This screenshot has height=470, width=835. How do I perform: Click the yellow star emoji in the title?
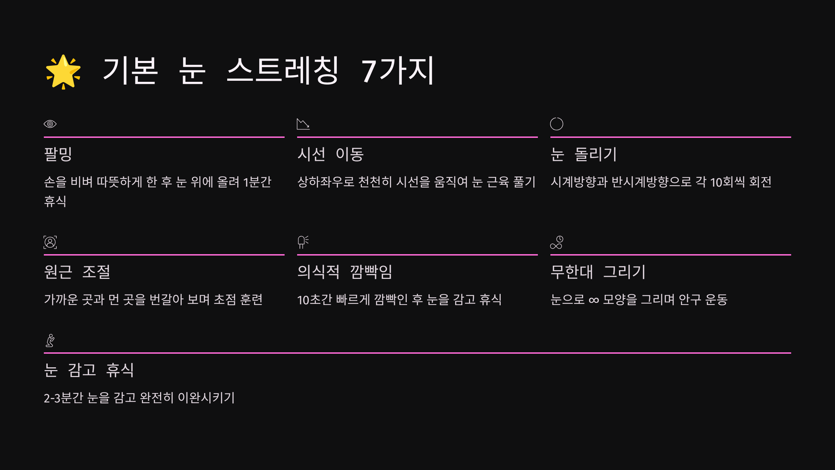pyautogui.click(x=63, y=72)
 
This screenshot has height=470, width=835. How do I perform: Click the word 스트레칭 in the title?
pyautogui.click(x=283, y=71)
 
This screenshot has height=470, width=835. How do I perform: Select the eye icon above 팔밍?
pyautogui.click(x=50, y=124)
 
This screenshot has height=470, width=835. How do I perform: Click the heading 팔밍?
pyautogui.click(x=58, y=154)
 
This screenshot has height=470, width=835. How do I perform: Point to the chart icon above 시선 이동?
pyautogui.click(x=303, y=124)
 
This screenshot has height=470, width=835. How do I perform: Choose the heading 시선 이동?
pyautogui.click(x=331, y=154)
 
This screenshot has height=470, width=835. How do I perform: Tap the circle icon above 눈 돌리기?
pyautogui.click(x=557, y=124)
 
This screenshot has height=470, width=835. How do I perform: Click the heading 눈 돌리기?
pyautogui.click(x=583, y=154)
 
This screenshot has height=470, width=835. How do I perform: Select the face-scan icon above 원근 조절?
pyautogui.click(x=50, y=242)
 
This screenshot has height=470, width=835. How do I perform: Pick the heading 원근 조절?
pyautogui.click(x=77, y=272)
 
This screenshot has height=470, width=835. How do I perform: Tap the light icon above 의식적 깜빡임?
pyautogui.click(x=303, y=242)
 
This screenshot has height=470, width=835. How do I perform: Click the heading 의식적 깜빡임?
pyautogui.click(x=345, y=272)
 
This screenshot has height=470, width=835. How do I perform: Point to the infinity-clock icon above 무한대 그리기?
pyautogui.click(x=557, y=242)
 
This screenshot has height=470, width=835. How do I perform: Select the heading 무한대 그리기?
pyautogui.click(x=598, y=272)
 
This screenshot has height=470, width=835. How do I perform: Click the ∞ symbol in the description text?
pyautogui.click(x=594, y=300)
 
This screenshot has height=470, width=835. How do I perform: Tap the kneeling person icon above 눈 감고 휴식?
pyautogui.click(x=50, y=340)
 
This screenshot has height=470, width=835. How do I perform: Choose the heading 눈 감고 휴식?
pyautogui.click(x=89, y=370)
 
